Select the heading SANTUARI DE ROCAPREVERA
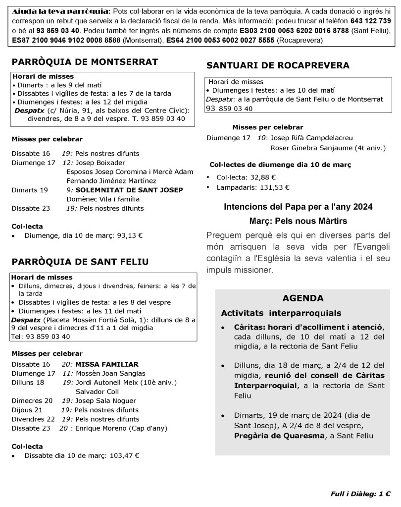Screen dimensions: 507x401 coord(278,65)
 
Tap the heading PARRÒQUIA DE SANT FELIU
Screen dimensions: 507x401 coord(80,261)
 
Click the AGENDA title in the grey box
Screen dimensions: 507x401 coord(302,298)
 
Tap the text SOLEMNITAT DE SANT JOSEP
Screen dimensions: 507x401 coord(129,190)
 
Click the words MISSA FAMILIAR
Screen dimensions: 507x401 coord(106,364)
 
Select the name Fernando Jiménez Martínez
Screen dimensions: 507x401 coord(111,181)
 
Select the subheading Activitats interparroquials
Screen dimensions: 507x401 coord(281,314)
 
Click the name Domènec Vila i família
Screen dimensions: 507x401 coord(103,199)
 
